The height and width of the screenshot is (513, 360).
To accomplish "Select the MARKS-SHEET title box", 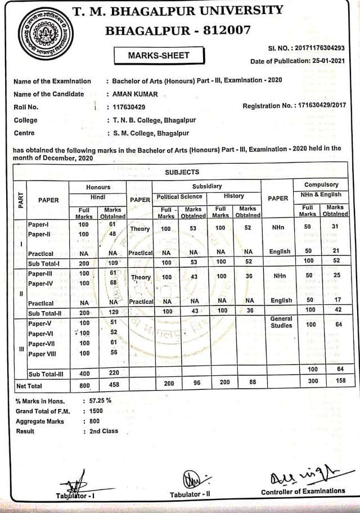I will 159,55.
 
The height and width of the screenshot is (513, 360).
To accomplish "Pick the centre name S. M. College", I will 147,133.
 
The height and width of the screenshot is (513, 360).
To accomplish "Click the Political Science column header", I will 179,197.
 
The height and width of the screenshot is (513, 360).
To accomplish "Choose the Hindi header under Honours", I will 98,197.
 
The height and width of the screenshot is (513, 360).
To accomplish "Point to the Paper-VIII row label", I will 44,354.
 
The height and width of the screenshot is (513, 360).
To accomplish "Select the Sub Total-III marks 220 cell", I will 113,373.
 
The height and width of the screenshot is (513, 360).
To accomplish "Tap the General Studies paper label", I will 281,322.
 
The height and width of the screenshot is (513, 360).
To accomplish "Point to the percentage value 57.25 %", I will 100,402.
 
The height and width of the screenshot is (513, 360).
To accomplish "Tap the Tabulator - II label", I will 194,494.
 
